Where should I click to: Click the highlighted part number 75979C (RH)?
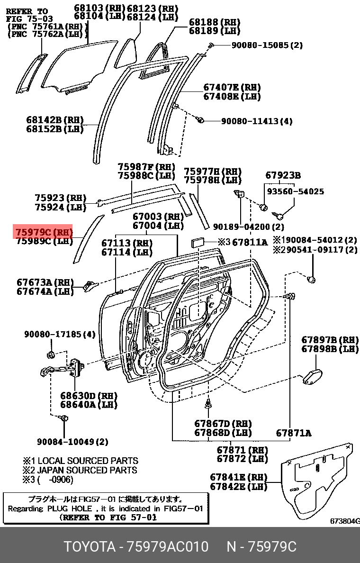(43, 232)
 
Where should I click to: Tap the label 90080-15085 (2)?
(266, 45)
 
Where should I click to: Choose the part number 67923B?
(282, 175)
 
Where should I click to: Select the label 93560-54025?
(295, 191)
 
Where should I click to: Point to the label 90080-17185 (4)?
(60, 335)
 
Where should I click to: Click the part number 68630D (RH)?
(88, 396)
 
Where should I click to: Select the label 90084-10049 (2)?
(72, 442)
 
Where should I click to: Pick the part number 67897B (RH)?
(330, 340)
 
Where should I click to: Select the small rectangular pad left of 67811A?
(197, 243)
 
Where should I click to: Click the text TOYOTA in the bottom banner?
(90, 546)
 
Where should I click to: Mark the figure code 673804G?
(345, 521)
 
